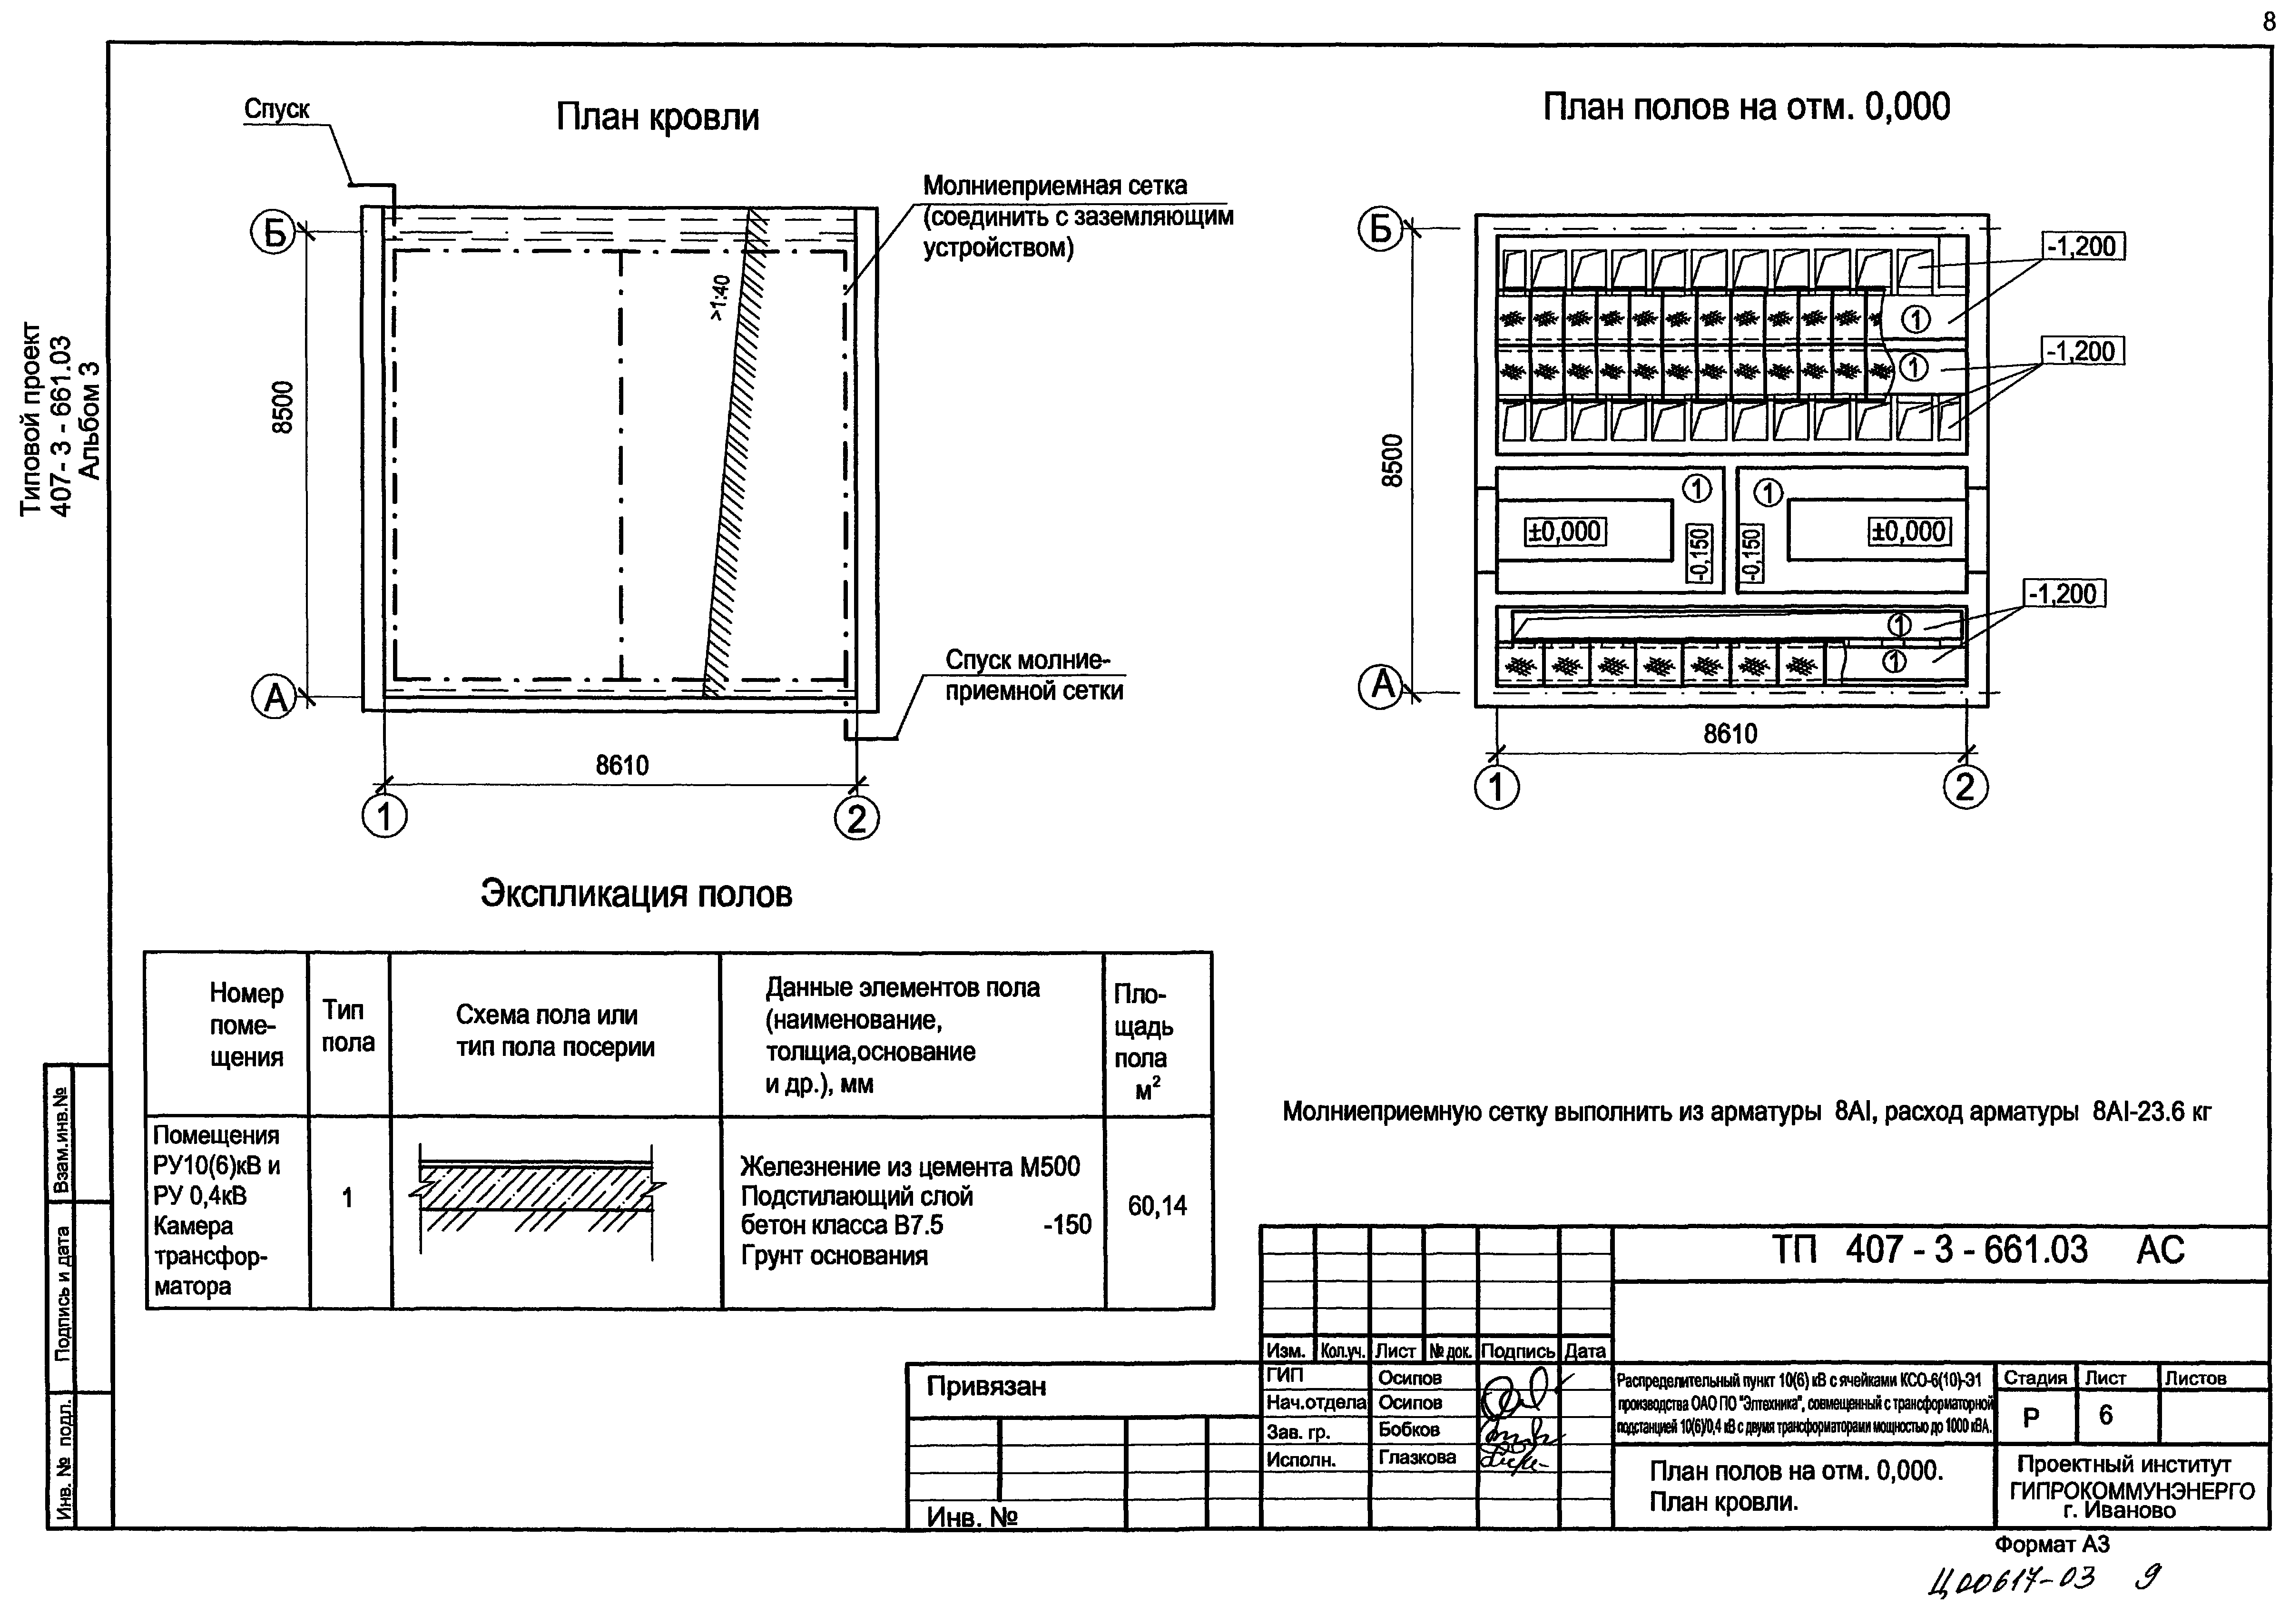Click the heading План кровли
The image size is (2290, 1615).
point(657,118)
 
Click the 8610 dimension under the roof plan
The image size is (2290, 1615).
point(622,765)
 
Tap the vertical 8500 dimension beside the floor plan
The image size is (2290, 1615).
point(1393,461)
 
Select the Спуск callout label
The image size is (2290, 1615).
point(276,110)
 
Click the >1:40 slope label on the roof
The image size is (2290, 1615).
point(720,297)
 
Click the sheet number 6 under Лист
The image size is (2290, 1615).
point(2105,1416)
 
